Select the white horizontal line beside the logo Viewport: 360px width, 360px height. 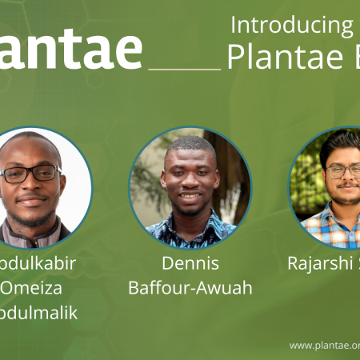(185, 68)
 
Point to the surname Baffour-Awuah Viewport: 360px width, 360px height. (190, 287)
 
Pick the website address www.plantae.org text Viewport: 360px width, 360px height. (324, 345)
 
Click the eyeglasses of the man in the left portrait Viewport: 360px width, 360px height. (30, 174)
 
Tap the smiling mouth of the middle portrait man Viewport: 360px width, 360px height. (190, 195)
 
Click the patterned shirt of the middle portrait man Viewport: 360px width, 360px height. (190, 233)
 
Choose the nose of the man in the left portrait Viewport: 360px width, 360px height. (30, 185)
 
